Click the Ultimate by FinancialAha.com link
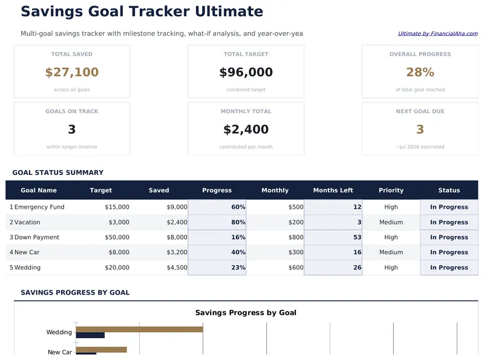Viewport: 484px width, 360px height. [437, 34]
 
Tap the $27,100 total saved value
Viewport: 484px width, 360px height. [71, 73]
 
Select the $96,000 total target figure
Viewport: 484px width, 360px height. [246, 73]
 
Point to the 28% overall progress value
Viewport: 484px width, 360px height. [420, 73]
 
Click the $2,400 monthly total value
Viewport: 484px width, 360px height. [246, 129]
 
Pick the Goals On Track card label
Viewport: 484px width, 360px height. [71, 111]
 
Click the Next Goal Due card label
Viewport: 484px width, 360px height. [420, 111]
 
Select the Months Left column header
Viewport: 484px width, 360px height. [333, 190]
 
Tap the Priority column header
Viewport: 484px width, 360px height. [391, 190]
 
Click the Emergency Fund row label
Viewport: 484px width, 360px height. [39, 207]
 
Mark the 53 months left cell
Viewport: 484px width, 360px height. [357, 237]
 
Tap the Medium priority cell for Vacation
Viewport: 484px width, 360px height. [391, 222]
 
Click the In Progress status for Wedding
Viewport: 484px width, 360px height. [449, 267]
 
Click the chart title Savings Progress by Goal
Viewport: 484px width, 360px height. [246, 313]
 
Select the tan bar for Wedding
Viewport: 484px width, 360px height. [139, 329]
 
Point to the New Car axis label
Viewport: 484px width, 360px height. [59, 352]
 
